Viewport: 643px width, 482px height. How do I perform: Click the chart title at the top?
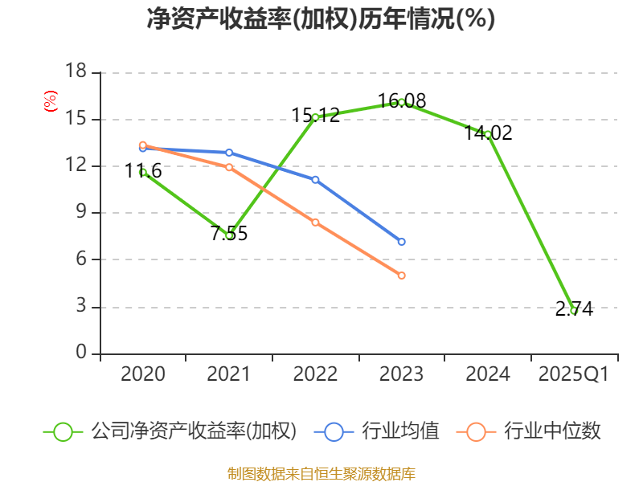point(321,19)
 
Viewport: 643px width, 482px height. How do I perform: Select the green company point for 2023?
point(401,102)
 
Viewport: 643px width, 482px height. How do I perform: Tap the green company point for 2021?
point(229,235)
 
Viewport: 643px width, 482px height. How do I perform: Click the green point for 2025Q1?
point(573,310)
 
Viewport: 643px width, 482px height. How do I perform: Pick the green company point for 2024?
point(487,134)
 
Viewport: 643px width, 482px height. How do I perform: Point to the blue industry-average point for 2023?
point(401,242)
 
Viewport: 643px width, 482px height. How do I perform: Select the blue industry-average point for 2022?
point(315,179)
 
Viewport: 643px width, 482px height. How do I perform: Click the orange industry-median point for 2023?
point(401,276)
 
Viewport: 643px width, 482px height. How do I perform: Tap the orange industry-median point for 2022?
point(315,222)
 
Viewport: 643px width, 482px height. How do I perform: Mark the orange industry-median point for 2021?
point(229,167)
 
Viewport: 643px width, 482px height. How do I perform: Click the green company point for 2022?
point(315,117)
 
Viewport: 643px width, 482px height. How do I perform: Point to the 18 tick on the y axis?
point(76,72)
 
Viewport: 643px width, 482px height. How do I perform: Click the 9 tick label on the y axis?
point(81,213)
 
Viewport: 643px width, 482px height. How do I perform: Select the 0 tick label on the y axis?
point(81,353)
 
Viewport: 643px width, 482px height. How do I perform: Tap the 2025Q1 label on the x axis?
point(573,374)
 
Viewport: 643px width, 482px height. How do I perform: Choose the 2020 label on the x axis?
point(143,374)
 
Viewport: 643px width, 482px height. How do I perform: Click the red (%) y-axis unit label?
point(50,101)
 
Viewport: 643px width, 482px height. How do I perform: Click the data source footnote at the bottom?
point(321,473)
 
